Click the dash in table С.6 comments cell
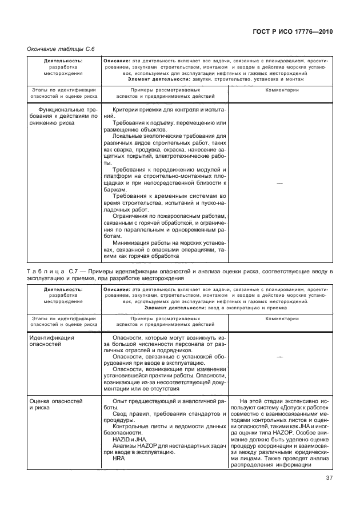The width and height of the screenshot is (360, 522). point(280,183)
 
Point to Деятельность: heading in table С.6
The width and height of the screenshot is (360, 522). point(63,60)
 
